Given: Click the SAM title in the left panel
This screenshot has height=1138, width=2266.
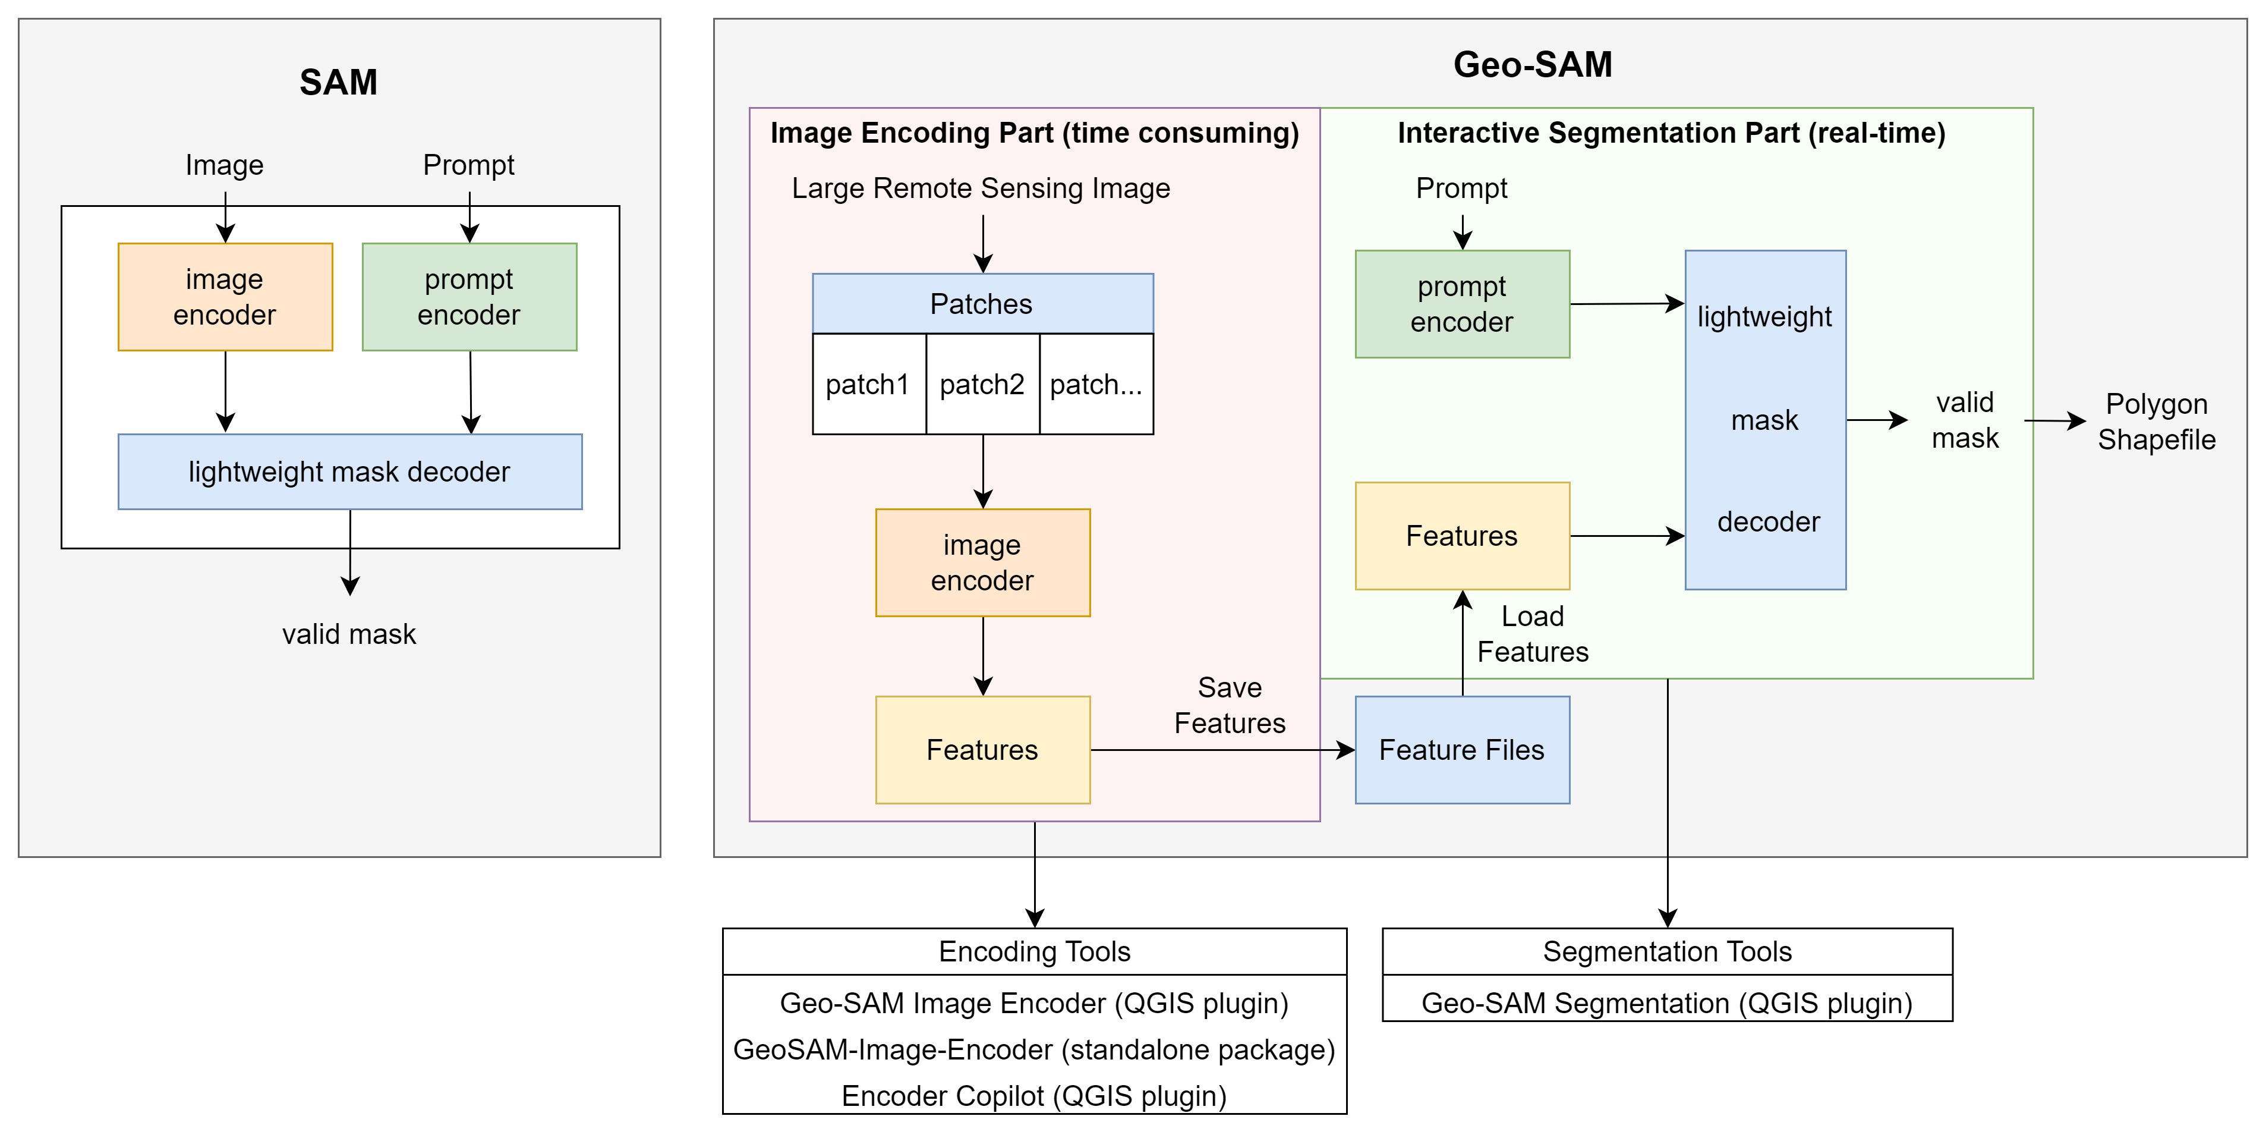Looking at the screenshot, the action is (339, 82).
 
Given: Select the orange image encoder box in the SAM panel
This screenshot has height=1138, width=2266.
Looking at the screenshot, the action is (225, 297).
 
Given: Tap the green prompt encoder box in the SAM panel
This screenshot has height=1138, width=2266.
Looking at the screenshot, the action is (469, 297).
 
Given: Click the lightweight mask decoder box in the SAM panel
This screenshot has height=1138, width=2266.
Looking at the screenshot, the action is (350, 471).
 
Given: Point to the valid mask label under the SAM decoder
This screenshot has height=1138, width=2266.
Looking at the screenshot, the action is (349, 634).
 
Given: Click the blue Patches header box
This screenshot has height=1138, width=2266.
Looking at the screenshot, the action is (982, 304).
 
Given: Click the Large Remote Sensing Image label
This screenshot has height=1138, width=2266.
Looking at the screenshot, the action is (981, 188).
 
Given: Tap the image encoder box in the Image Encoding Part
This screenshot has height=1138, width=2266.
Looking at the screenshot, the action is (982, 562).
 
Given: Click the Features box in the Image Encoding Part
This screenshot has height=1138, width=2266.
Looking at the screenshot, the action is (982, 750).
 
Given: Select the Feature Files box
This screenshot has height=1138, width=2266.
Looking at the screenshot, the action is (1462, 750).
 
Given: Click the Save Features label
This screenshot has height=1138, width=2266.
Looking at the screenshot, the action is (1230, 705).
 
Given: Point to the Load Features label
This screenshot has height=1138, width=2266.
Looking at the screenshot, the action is (1533, 634).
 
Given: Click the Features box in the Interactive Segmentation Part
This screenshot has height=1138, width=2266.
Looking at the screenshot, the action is (1462, 536).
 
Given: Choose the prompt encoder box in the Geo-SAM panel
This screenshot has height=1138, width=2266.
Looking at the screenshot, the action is (1462, 304).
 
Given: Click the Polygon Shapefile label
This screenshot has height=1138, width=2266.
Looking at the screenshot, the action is (2157, 422).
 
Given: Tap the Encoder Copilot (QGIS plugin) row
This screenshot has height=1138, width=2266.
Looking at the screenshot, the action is (1035, 1096).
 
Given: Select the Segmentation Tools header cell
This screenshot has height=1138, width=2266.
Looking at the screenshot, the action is (1667, 951).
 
